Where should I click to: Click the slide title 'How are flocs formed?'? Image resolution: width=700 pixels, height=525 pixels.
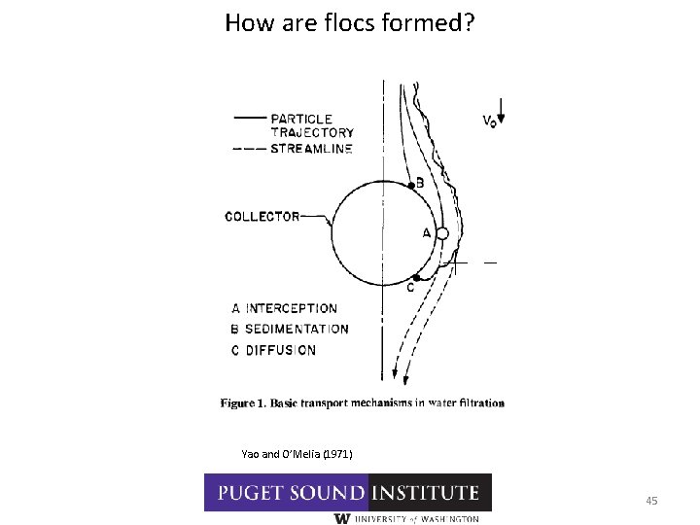[x=349, y=22]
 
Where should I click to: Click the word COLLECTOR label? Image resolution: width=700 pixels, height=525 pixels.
[x=262, y=217]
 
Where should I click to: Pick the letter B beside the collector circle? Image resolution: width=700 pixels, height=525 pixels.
[x=420, y=181]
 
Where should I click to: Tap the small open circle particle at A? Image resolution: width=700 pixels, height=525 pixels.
[x=441, y=234]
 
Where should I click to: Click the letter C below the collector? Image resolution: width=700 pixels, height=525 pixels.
[x=411, y=288]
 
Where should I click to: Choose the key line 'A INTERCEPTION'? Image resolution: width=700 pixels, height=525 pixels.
[x=284, y=309]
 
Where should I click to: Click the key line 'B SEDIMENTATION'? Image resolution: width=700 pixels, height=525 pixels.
[x=289, y=330]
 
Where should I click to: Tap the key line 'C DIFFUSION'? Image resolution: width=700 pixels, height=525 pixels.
[x=273, y=350]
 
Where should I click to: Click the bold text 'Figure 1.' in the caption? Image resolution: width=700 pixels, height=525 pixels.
[x=246, y=402]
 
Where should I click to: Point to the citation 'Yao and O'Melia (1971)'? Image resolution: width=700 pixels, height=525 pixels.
[x=297, y=454]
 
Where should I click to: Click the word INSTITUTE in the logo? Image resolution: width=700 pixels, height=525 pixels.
[x=430, y=493]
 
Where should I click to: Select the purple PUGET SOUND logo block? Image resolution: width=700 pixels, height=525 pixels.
[x=286, y=493]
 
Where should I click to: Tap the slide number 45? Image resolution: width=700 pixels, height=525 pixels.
[x=651, y=501]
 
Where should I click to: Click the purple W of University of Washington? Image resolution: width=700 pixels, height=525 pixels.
[x=341, y=519]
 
